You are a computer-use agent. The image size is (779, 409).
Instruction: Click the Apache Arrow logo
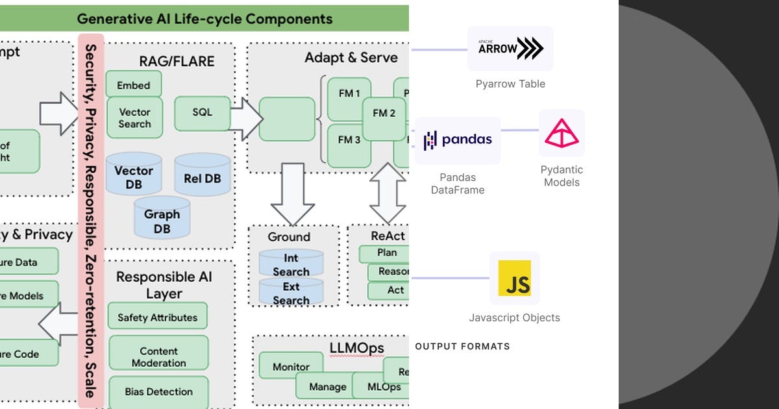click(x=511, y=49)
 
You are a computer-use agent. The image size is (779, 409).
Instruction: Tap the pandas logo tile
click(x=458, y=140)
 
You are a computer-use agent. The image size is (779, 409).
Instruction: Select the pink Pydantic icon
click(x=562, y=133)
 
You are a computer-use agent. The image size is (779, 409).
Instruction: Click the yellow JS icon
click(x=515, y=278)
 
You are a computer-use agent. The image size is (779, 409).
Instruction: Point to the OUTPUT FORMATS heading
click(x=462, y=346)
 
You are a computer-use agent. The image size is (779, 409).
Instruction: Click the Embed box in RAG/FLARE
click(x=134, y=85)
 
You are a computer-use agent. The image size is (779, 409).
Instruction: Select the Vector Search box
click(x=134, y=118)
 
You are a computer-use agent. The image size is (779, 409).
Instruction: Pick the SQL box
click(x=202, y=112)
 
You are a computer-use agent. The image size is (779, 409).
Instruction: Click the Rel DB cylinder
click(x=202, y=177)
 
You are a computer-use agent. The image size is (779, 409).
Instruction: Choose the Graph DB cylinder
click(x=162, y=219)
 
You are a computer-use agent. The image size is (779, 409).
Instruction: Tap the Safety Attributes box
click(x=158, y=317)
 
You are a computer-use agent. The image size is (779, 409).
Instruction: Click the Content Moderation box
click(x=158, y=356)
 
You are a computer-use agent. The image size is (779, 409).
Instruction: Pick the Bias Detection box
click(x=158, y=391)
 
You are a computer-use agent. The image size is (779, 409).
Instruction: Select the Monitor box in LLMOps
click(x=291, y=367)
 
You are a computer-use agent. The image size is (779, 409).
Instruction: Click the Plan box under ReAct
click(x=387, y=253)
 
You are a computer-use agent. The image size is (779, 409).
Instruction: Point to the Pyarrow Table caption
click(x=510, y=84)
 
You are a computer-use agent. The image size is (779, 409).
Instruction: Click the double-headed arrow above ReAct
click(x=388, y=193)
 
